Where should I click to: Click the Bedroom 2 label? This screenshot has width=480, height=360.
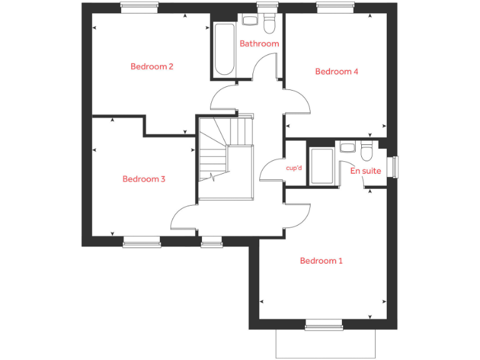152,67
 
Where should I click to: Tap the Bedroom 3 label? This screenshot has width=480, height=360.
144,179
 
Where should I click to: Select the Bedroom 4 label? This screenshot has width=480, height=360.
336,72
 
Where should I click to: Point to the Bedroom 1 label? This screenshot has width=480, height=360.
321,261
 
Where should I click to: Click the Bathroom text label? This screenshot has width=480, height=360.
259,44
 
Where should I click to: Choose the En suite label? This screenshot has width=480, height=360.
366,170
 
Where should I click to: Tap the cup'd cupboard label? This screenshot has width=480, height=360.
294,168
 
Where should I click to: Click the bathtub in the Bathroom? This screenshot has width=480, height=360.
224,50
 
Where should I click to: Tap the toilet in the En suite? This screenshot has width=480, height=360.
366,151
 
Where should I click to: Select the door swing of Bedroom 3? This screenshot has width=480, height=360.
185,216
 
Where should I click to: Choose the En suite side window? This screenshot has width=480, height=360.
394,167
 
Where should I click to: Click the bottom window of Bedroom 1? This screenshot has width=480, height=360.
323,324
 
